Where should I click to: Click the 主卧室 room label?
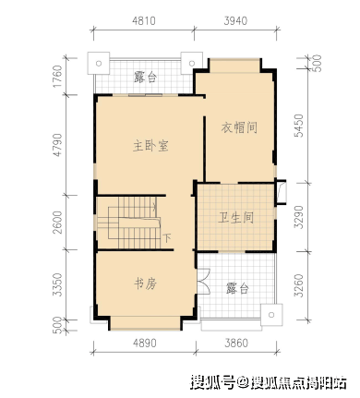(150, 146)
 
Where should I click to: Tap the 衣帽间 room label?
(239, 127)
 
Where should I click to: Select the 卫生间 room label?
(235, 218)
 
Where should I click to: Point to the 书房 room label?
(146, 283)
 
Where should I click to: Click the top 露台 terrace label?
(146, 77)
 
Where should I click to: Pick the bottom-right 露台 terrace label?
(237, 288)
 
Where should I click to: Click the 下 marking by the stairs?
(166, 238)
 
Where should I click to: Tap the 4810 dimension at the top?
(144, 21)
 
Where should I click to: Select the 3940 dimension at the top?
(235, 21)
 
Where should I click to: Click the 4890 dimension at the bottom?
(145, 343)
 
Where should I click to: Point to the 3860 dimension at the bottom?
(236, 343)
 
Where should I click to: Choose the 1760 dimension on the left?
(57, 76)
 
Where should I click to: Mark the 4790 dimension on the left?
(57, 145)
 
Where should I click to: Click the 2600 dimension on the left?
(57, 223)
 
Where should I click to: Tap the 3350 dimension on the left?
(57, 285)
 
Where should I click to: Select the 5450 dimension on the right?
(299, 126)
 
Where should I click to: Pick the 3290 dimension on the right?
(299, 217)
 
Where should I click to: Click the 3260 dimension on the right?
(299, 286)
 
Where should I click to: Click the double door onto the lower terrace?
(203, 281)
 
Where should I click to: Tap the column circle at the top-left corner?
(99, 64)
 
